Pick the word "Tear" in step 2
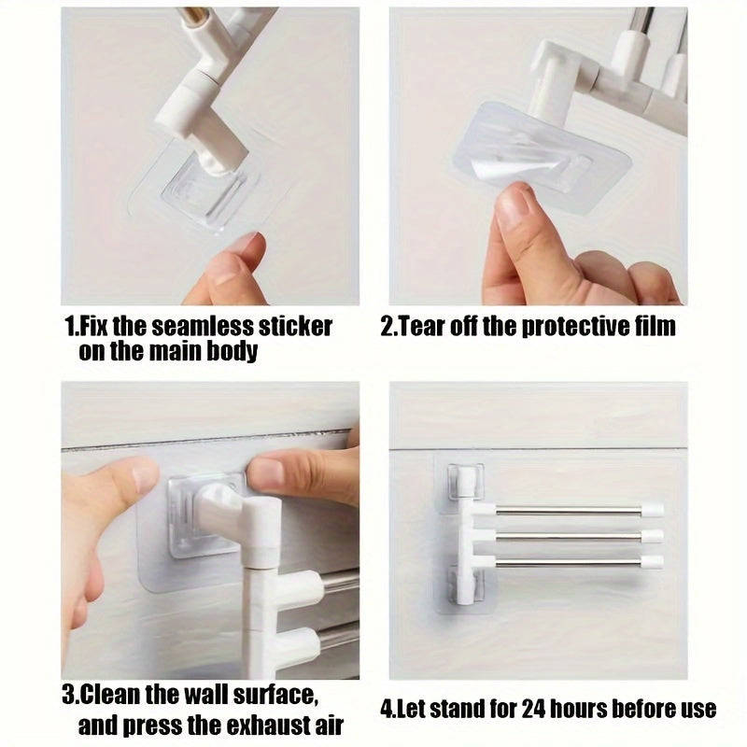click(x=428, y=328)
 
